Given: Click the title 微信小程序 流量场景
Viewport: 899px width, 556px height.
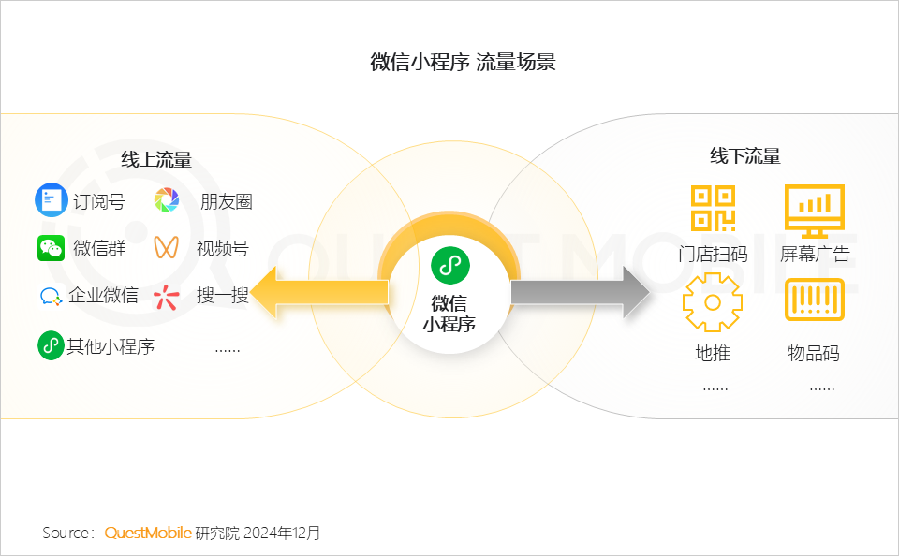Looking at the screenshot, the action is point(463,62).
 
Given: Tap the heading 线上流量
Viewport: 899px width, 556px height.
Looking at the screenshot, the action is point(156,159).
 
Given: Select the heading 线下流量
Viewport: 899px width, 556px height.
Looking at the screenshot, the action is point(745,156).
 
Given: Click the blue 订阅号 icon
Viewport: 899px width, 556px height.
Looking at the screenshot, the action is point(52,200).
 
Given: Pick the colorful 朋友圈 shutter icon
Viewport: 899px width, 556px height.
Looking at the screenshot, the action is point(167,200).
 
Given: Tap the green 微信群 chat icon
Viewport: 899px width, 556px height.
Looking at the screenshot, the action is point(51,248).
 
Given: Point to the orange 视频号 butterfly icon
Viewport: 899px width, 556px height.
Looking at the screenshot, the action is point(167,248).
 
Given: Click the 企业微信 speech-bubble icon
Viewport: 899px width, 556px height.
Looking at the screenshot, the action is point(51,296).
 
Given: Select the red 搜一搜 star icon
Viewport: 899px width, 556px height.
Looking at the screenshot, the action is point(167,297).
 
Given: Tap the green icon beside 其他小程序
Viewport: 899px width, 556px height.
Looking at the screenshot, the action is point(51,345).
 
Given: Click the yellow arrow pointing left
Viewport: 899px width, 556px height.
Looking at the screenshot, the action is point(319,292).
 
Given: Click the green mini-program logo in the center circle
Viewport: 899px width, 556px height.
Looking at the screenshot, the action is point(450,266).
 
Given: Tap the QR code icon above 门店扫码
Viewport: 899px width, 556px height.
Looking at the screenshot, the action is point(714,208).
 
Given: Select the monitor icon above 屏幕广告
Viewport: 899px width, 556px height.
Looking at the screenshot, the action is point(815,211).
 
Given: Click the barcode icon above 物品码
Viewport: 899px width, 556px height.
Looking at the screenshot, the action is point(815,300).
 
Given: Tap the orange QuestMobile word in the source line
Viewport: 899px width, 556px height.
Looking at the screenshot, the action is point(148,534).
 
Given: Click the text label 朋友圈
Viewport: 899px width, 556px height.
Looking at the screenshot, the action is point(227,201).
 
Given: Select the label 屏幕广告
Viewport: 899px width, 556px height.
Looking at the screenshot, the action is point(815,254).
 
